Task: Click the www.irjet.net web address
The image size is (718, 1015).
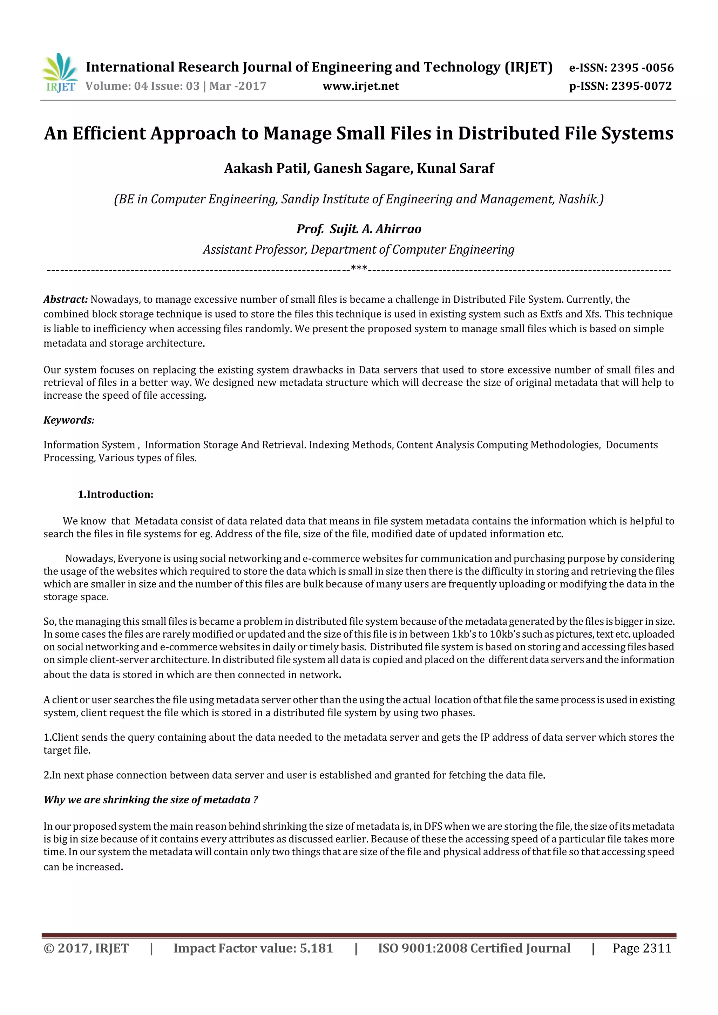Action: tap(360, 86)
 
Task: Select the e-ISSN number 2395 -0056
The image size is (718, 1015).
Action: tap(642, 68)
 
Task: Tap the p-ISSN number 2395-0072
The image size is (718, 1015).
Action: tap(641, 86)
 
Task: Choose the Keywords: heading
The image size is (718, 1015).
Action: tap(69, 420)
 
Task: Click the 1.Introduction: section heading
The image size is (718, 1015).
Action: tap(115, 494)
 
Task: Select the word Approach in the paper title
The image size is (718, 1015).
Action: tap(192, 133)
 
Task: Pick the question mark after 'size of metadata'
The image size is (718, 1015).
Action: tap(255, 800)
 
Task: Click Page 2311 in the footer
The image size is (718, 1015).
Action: tap(642, 948)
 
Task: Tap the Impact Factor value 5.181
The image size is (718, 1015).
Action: tap(316, 948)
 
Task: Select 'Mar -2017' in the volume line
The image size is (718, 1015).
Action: tap(238, 86)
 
